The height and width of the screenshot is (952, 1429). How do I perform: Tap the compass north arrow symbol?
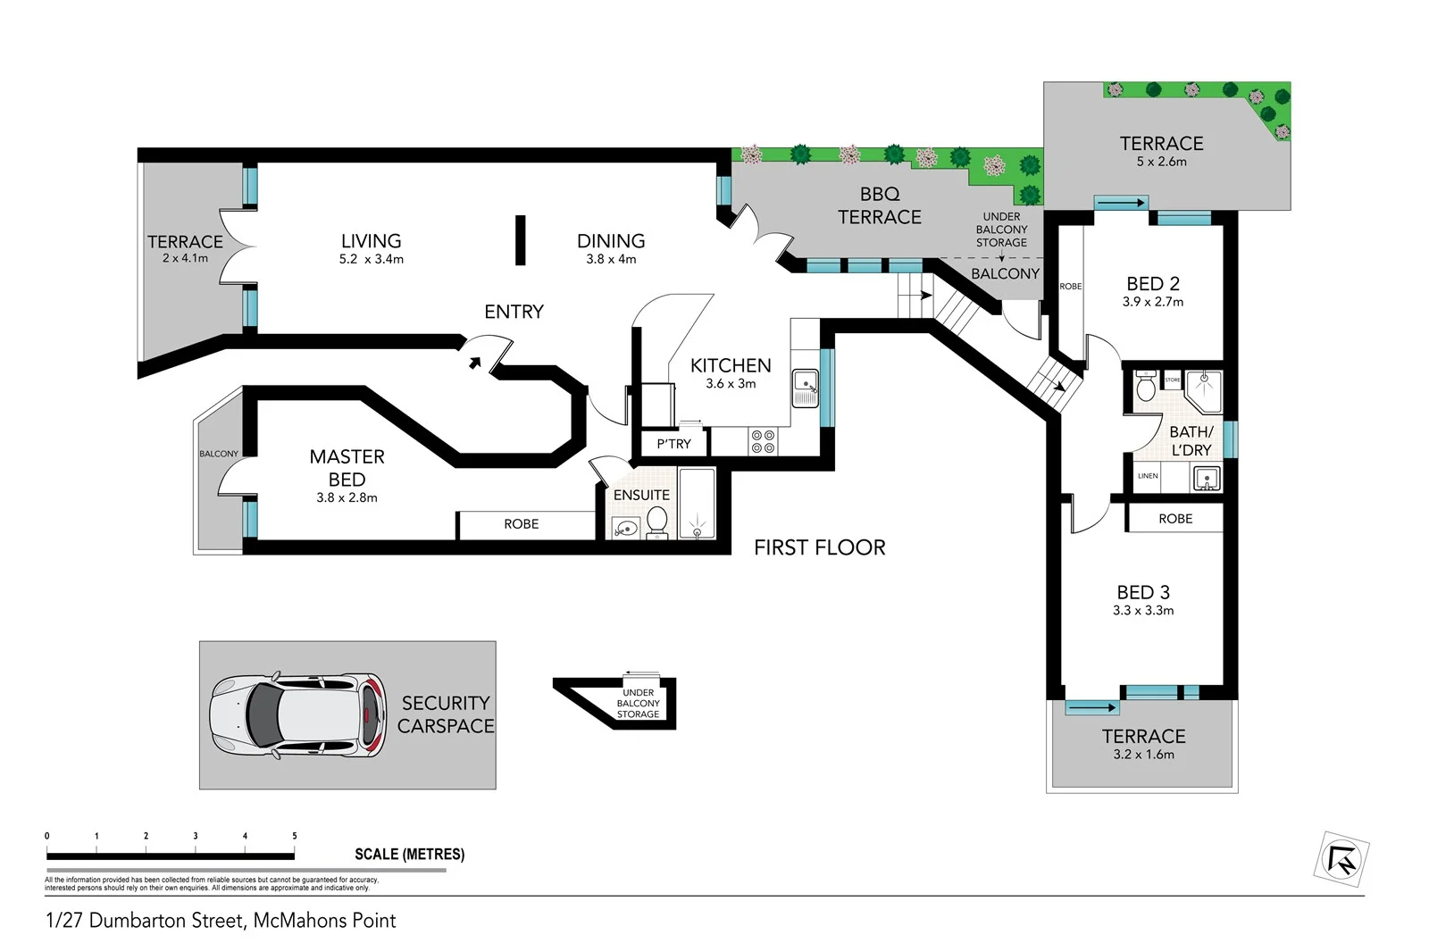(1342, 859)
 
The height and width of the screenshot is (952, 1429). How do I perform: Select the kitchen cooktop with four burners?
(763, 441)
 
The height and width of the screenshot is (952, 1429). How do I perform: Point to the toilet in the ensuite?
(657, 522)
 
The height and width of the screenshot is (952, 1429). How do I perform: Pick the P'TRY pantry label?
(673, 444)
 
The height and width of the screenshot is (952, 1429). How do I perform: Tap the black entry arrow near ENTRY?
(475, 362)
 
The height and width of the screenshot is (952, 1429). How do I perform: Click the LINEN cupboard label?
(1148, 476)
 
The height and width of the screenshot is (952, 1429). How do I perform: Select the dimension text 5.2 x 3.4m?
(371, 259)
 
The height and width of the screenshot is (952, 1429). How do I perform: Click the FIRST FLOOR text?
(819, 547)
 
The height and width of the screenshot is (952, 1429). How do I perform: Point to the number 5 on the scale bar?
(294, 836)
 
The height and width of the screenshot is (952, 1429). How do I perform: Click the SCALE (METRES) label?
(409, 854)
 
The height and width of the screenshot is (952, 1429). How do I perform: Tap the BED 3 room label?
(1142, 592)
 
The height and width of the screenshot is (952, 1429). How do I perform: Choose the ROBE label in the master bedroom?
(521, 524)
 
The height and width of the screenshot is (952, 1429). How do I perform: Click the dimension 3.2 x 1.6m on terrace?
(1143, 755)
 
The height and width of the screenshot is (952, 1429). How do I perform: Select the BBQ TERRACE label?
(879, 205)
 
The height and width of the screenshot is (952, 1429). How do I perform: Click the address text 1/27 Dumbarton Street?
(221, 921)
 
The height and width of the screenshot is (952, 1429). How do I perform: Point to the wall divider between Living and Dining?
(520, 239)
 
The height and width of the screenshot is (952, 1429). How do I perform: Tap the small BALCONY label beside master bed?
(219, 454)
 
